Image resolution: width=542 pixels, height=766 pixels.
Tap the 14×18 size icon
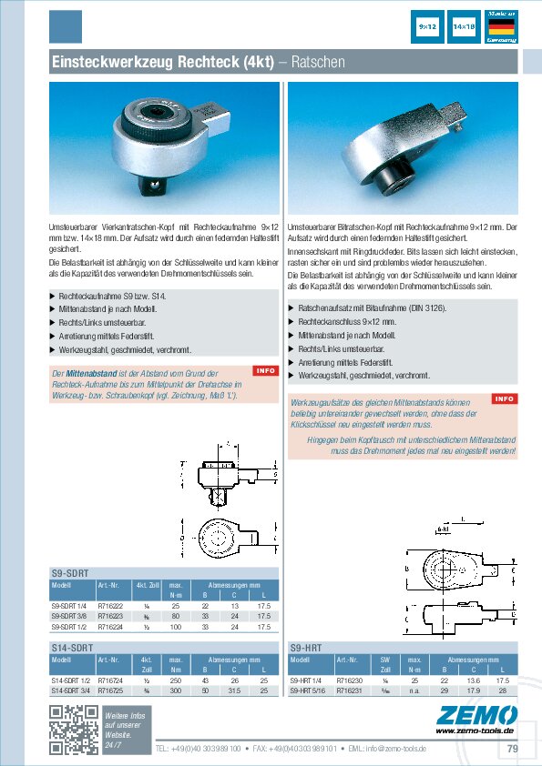tap(464, 28)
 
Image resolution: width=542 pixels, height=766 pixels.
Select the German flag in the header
tap(501, 27)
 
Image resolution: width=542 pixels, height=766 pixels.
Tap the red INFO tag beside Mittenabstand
tap(264, 370)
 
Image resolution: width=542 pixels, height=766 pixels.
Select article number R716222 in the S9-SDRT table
tap(110, 606)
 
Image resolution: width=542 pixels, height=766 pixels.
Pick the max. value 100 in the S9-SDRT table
tap(178, 627)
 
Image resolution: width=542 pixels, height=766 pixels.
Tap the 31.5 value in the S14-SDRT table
tap(235, 689)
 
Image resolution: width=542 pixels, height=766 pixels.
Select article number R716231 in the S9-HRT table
tap(350, 689)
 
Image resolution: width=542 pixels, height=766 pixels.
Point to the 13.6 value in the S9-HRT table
tap(473, 679)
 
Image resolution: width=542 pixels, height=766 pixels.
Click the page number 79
tap(513, 749)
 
